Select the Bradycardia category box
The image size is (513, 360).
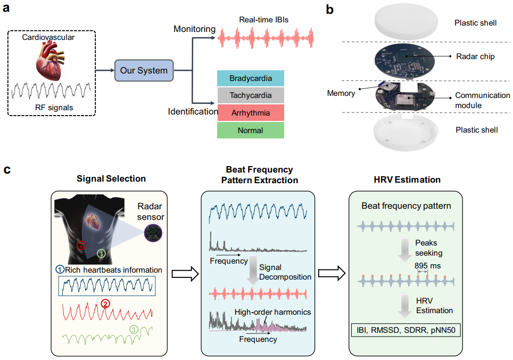251,79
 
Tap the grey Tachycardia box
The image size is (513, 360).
251,96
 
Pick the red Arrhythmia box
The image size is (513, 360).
251,113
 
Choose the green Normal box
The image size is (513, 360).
251,130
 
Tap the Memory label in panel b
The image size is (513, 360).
341,93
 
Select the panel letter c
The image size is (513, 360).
7,170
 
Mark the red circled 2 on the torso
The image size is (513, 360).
81,246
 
